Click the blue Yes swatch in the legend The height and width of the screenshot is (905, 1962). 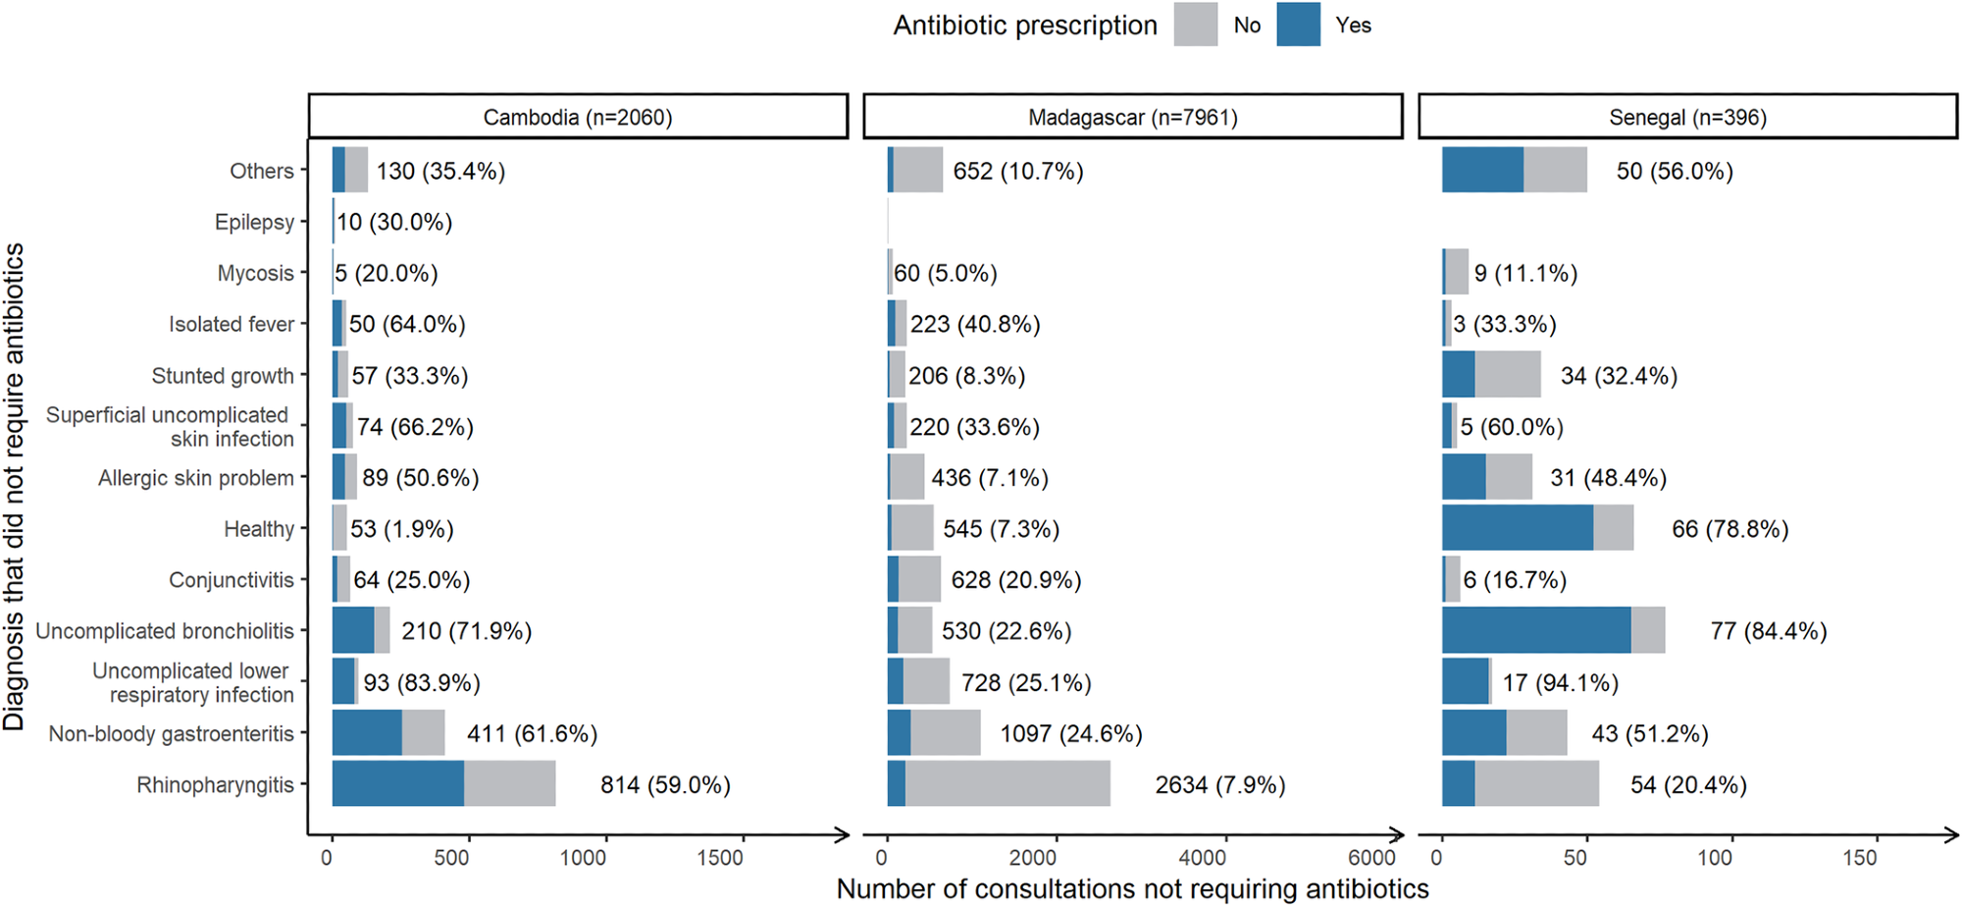point(1298,25)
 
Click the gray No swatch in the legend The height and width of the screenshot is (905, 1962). point(1195,25)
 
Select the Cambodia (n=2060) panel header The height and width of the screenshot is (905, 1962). point(578,117)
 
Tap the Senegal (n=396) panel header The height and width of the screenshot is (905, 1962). point(1687,117)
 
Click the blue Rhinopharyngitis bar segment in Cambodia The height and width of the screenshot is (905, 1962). point(397,783)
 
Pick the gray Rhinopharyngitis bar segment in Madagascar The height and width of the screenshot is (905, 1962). point(1007,783)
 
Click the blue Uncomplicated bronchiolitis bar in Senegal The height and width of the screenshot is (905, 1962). point(1535,630)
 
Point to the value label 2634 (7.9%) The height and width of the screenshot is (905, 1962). point(1219,784)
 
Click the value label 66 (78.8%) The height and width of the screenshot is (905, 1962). point(1730,529)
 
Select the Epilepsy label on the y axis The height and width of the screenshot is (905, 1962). point(254,222)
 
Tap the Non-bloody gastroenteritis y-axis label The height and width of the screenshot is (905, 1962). point(171,733)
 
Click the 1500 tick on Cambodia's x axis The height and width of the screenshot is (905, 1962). point(720,858)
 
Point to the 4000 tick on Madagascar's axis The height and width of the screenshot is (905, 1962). point(1202,858)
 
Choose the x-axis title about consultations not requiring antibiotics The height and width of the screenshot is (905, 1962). point(1132,888)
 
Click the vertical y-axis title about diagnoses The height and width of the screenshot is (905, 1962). point(14,486)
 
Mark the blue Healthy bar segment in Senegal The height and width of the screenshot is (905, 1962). point(1517,528)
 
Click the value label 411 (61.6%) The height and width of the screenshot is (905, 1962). point(532,733)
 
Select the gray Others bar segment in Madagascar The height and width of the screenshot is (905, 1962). point(917,170)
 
